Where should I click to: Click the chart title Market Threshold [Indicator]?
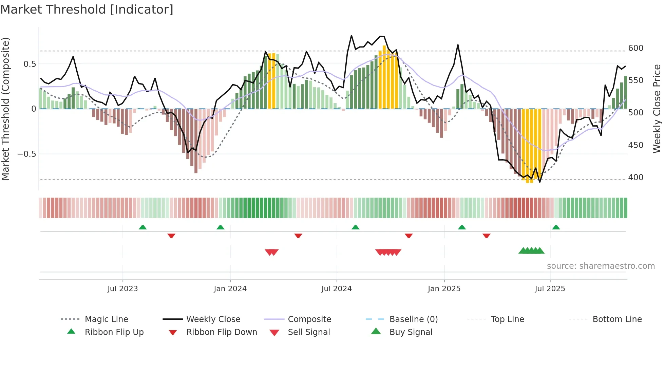(87, 10)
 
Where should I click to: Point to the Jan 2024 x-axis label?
(230, 289)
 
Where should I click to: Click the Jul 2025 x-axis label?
(550, 289)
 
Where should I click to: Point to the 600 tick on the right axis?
(635, 48)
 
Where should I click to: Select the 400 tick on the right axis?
(635, 177)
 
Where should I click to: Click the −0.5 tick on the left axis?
(26, 154)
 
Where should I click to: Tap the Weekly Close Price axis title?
(657, 109)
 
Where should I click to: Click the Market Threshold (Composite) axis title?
(5, 109)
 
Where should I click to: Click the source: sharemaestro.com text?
(601, 266)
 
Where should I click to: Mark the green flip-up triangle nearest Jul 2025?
(556, 227)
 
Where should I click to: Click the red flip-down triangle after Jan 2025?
(486, 236)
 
